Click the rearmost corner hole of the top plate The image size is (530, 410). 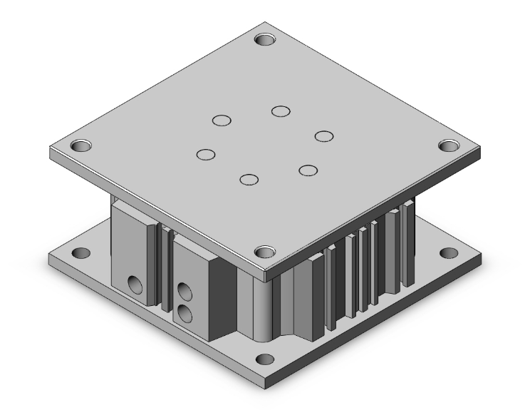266,38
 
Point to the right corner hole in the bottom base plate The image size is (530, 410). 448,253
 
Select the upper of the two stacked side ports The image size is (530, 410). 184,291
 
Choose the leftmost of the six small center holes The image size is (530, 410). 206,154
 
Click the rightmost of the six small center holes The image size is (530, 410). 325,135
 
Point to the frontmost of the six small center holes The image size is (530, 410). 249,179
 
